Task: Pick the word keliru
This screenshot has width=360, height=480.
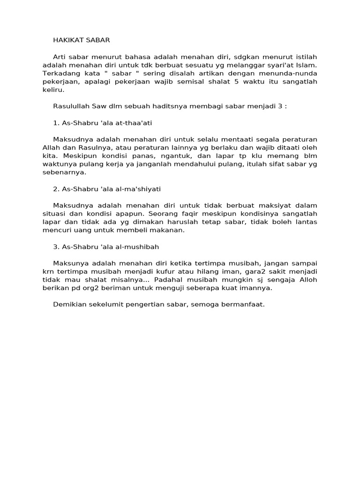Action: click(x=53, y=90)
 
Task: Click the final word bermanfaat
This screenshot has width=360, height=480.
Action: click(x=244, y=304)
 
